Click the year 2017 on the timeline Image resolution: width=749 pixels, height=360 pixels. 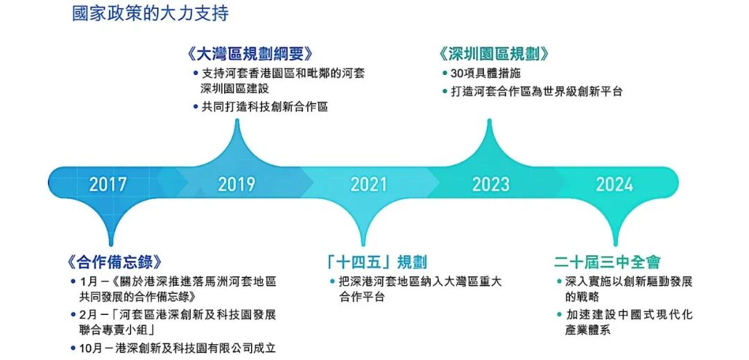[x=108, y=185]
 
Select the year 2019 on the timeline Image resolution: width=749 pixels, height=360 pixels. [x=236, y=185]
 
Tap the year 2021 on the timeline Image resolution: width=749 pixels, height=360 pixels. [x=368, y=185]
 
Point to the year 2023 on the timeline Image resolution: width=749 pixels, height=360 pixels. [x=490, y=185]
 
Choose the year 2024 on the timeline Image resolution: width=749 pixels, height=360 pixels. [x=614, y=185]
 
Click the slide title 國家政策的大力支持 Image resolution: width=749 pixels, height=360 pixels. [x=150, y=13]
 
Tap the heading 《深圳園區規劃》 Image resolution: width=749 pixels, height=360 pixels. [x=494, y=54]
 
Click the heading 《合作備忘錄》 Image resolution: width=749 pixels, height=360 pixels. [x=115, y=262]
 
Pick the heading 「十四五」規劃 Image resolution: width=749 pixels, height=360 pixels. [x=377, y=262]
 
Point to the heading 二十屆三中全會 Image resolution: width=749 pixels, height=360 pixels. [x=608, y=262]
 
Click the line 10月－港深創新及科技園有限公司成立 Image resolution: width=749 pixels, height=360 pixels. [x=178, y=348]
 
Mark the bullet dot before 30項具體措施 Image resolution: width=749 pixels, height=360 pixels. [x=444, y=74]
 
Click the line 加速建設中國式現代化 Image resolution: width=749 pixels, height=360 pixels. [x=629, y=315]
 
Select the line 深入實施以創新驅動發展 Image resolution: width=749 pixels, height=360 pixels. [x=629, y=282]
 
